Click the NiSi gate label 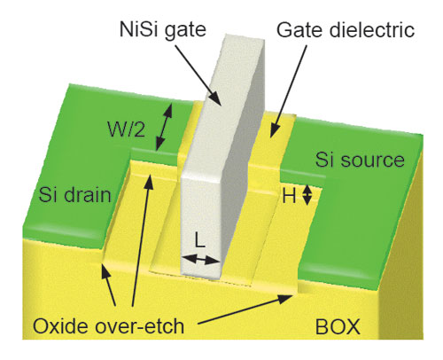click(163, 30)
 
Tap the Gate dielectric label click(346, 30)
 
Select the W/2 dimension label click(127, 129)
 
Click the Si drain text click(75, 195)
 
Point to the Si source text click(360, 160)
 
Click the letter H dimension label click(289, 196)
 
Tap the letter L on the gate click(200, 240)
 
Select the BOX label click(338, 326)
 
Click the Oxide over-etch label click(108, 326)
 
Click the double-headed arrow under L click(201, 260)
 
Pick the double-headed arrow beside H click(307, 195)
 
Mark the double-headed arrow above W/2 click(164, 127)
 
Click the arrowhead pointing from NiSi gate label click(216, 98)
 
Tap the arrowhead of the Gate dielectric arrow click(274, 131)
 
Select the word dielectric click(372, 30)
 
